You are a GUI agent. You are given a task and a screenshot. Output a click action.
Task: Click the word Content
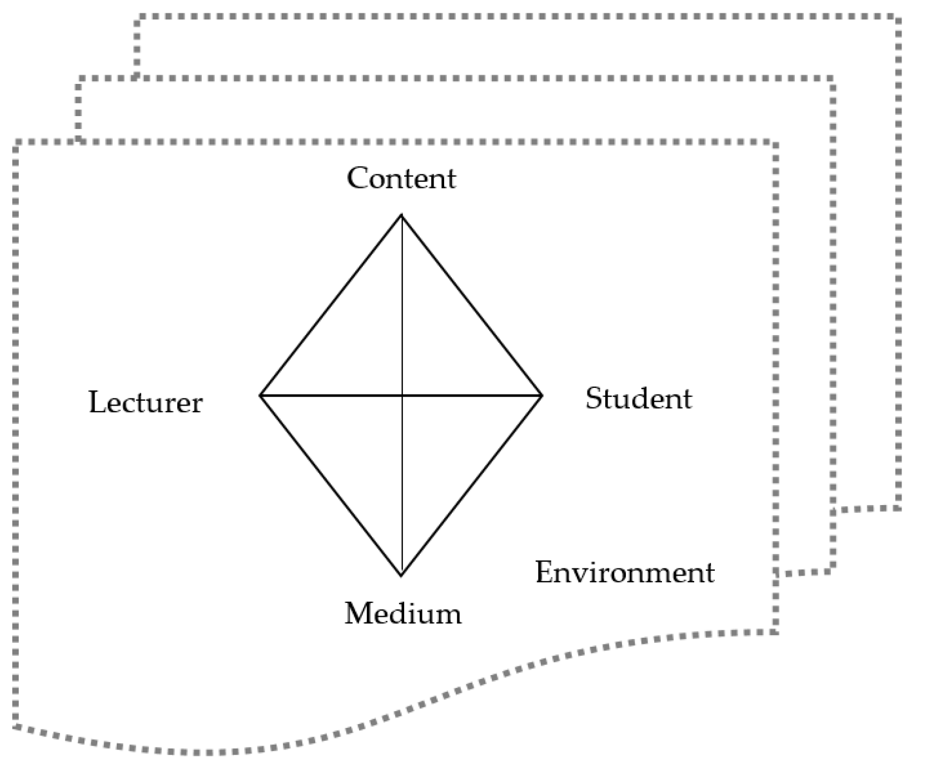pyautogui.click(x=401, y=179)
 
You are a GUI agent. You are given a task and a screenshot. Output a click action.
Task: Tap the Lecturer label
pyautogui.click(x=145, y=402)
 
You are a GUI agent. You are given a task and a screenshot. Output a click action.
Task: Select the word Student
pyautogui.click(x=639, y=399)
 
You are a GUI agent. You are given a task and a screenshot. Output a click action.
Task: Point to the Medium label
pyautogui.click(x=403, y=614)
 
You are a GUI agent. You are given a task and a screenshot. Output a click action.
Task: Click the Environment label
pyautogui.click(x=624, y=572)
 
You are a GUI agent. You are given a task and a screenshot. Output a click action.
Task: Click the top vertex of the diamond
pyautogui.click(x=401, y=215)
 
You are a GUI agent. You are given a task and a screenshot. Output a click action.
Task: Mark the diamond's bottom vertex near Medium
pyautogui.click(x=401, y=575)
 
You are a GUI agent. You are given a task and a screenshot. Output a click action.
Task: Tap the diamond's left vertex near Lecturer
pyautogui.click(x=260, y=395)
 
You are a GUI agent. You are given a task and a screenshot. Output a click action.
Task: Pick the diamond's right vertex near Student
pyautogui.click(x=542, y=395)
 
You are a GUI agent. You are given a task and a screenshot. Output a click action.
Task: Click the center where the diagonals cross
pyautogui.click(x=402, y=396)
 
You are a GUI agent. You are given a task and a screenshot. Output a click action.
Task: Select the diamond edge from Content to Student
pyautogui.click(x=471, y=305)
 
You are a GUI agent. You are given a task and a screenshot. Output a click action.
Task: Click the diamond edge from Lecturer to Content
pyautogui.click(x=331, y=305)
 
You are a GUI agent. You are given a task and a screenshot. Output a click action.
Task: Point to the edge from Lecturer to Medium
pyautogui.click(x=331, y=485)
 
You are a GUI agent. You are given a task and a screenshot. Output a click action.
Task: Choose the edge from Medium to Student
pyautogui.click(x=471, y=485)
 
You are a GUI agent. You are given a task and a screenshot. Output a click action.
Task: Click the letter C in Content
pyautogui.click(x=357, y=179)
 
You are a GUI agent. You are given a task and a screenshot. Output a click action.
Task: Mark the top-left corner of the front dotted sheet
pyautogui.click(x=16, y=143)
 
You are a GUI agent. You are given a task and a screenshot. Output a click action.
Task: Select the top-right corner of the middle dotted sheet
pyautogui.click(x=832, y=79)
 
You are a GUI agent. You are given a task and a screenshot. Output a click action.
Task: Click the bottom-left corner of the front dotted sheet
pyautogui.click(x=16, y=726)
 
